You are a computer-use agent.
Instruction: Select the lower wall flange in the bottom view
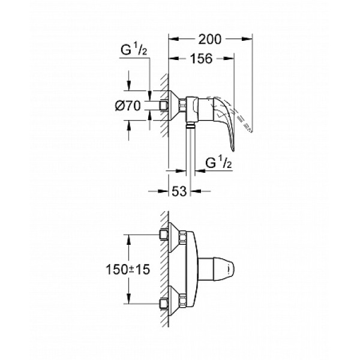(174, 304)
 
